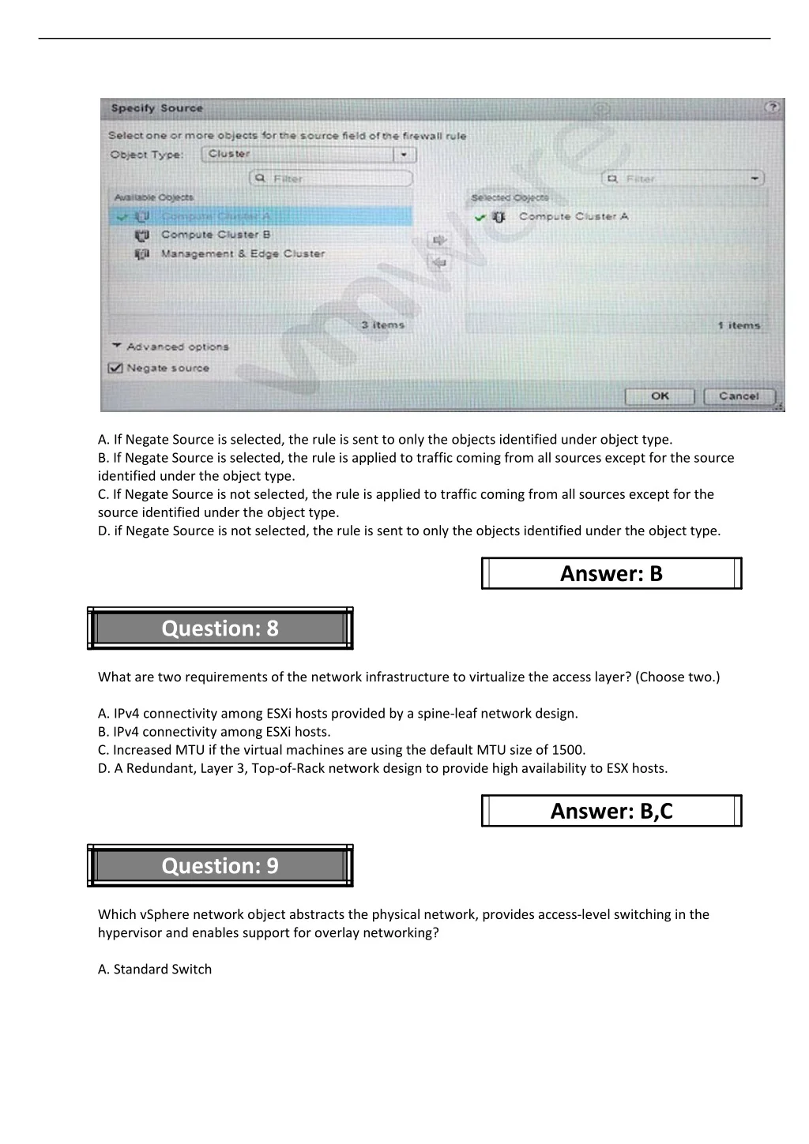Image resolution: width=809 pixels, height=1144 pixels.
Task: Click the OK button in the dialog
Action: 659,396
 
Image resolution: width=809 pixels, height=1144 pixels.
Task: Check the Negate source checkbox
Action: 116,368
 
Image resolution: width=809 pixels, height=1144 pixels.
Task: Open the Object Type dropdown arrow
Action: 404,155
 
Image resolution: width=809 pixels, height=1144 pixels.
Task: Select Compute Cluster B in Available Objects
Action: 215,234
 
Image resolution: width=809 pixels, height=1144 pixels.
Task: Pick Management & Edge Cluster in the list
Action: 242,253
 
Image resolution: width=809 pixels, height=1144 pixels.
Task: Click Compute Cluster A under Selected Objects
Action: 573,216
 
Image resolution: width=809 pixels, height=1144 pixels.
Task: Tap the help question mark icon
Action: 772,107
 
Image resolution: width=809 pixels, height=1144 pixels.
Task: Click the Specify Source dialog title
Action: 156,108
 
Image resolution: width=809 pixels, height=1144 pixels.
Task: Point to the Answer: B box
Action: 611,573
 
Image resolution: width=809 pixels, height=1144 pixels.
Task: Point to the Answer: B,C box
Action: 611,811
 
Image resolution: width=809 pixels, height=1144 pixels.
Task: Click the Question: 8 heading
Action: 220,628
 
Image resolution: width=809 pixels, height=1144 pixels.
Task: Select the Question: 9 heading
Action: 220,866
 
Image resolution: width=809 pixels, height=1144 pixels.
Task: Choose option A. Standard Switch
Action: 155,969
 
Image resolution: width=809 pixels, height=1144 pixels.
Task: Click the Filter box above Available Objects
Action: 332,178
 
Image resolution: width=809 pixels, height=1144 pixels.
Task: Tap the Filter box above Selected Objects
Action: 683,178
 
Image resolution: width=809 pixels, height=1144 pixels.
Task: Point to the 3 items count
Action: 383,324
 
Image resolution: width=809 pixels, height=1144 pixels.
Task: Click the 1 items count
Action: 739,324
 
